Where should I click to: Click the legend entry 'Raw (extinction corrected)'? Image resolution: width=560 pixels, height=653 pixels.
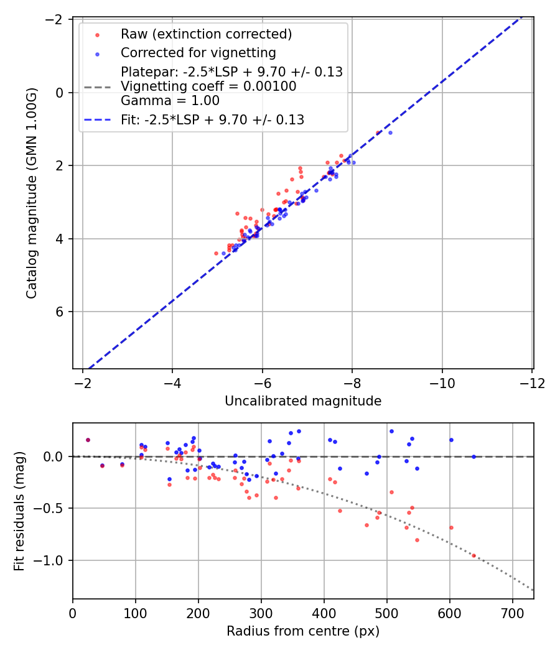click(x=206, y=34)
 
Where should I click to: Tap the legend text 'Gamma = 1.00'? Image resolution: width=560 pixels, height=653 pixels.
click(x=170, y=100)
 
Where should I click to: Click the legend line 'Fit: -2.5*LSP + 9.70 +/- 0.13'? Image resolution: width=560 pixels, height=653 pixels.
click(x=212, y=120)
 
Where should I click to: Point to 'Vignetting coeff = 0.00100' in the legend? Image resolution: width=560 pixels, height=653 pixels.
click(x=208, y=86)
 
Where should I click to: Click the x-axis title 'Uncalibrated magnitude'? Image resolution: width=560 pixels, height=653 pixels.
click(x=303, y=402)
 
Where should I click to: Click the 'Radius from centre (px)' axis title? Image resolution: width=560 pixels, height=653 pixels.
click(x=303, y=631)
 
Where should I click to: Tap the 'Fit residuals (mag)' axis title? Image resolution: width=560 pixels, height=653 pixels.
click(x=19, y=511)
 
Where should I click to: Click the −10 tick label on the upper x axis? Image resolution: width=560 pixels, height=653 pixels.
click(x=442, y=383)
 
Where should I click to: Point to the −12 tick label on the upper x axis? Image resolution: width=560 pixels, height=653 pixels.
click(x=532, y=383)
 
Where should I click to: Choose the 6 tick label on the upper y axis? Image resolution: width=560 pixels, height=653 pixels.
click(x=60, y=312)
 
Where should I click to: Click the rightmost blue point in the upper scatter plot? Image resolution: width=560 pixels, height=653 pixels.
click(x=390, y=132)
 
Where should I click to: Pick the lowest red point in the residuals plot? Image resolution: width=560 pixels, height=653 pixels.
click(x=474, y=555)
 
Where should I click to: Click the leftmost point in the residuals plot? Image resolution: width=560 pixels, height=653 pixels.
click(x=88, y=440)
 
